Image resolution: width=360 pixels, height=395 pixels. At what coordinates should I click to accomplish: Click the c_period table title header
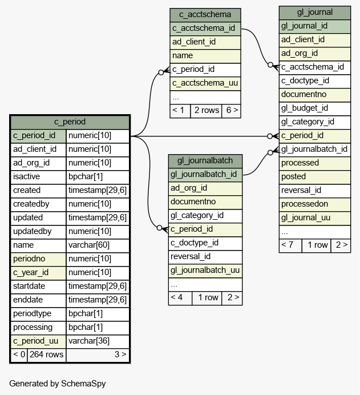coord(70,122)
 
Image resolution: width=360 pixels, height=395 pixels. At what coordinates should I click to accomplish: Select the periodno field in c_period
coord(38,259)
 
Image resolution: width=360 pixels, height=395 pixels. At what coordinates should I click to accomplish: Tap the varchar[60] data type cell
coord(98,245)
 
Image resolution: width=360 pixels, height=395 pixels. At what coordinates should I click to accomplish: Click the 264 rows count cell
coord(47,354)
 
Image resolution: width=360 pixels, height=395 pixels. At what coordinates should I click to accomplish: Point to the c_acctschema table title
coord(205,15)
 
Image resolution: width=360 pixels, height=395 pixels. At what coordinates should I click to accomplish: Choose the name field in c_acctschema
coord(205,56)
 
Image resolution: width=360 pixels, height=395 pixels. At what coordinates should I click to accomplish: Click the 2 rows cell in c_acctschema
coord(206,111)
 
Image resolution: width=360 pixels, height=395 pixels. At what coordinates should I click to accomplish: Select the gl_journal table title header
coord(315,13)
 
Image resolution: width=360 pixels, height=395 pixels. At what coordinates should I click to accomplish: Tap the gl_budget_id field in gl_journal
coord(315,108)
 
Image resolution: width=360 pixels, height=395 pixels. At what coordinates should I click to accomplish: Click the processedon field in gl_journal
coord(315,204)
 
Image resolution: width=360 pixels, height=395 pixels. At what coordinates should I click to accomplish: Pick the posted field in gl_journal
coord(315,177)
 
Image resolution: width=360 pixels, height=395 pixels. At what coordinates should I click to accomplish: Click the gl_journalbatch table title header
coord(205,161)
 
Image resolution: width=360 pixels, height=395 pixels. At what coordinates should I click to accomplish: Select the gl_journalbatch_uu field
coord(205,271)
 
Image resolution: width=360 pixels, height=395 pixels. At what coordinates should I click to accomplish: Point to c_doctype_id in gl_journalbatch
coord(205,243)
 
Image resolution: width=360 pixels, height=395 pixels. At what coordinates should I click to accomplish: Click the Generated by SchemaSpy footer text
coord(58,384)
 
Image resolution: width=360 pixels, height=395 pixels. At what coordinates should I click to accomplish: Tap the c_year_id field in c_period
coord(38,273)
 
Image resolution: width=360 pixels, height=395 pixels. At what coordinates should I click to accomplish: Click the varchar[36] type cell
coord(98,341)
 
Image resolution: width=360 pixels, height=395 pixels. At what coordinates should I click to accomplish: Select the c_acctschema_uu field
coord(205,83)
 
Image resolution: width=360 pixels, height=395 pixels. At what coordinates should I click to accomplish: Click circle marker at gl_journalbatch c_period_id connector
coord(159,228)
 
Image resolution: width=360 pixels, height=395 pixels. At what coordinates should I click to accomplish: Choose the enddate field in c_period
coord(38,300)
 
